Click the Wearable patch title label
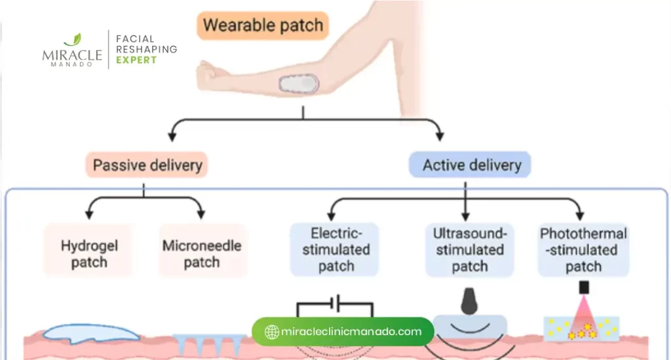point(263,26)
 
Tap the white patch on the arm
point(299,84)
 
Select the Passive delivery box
point(147,165)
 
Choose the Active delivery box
point(469,165)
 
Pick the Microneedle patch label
point(202,254)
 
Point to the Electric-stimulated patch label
point(335,249)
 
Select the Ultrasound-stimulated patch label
point(469,249)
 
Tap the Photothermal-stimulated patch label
point(583,249)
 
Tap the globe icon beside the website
point(272,332)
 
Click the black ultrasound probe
point(470,300)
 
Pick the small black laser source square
point(584,288)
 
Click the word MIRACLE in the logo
point(72,55)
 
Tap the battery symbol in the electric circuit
point(336,304)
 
